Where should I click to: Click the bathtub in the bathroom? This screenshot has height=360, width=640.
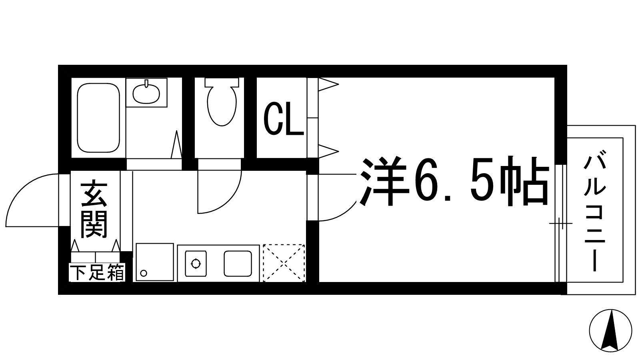point(98,118)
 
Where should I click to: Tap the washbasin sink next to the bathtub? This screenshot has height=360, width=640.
point(146,93)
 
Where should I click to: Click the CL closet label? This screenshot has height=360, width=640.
point(283,119)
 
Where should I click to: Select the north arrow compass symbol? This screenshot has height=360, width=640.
point(610,331)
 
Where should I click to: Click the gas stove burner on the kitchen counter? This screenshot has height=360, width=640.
point(196,264)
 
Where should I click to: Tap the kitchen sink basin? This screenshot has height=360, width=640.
point(238,264)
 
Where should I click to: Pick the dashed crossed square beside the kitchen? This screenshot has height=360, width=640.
point(284,263)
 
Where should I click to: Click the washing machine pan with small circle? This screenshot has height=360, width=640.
point(155,262)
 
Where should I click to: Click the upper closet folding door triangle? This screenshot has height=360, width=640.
point(328,84)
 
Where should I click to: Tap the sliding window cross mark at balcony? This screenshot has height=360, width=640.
point(561,224)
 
